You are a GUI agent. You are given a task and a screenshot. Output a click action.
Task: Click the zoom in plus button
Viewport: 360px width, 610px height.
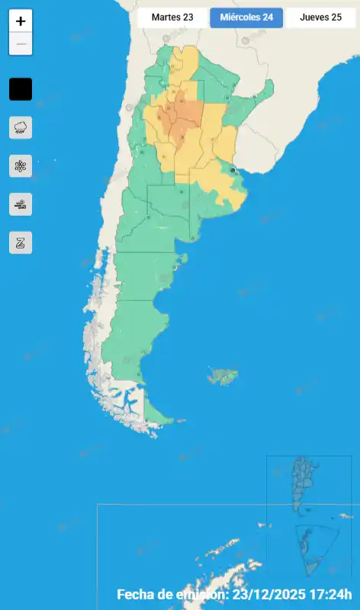[x=21, y=21]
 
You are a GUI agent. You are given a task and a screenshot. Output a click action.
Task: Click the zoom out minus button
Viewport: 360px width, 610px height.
[x=21, y=44]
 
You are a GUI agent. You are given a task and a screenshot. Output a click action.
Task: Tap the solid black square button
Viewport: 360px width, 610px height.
[x=21, y=89]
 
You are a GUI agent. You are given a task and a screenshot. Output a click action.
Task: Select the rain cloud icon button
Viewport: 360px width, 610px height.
[x=21, y=127]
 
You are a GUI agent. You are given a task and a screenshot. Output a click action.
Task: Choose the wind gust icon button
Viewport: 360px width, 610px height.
[x=21, y=204]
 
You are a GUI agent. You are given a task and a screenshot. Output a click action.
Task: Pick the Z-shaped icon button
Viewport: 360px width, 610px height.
[x=21, y=242]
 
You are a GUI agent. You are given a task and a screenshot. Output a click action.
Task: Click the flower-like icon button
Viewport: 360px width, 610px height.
[x=21, y=165]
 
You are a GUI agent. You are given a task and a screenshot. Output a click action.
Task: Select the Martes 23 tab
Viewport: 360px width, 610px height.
[x=172, y=18]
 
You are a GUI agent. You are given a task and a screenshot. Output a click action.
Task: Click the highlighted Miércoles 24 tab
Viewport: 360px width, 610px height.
[x=246, y=18]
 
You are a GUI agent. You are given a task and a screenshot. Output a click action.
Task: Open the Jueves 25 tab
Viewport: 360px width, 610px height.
[x=320, y=18]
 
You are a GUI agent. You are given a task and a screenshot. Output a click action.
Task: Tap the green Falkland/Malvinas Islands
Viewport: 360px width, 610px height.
[x=223, y=376]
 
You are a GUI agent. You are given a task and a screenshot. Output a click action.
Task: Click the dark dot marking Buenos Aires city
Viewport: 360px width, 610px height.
[x=233, y=172]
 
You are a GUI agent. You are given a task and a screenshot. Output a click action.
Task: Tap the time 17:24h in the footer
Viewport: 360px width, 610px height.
[x=336, y=594]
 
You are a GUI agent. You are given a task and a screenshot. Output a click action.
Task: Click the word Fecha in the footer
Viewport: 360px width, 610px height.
[x=136, y=594]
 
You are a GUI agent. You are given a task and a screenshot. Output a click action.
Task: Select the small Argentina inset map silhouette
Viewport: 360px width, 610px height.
[x=305, y=484]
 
